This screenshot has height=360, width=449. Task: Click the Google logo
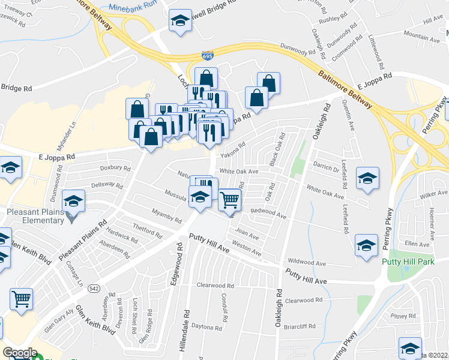tap(20, 353)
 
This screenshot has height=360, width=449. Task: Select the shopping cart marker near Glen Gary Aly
tap(21, 298)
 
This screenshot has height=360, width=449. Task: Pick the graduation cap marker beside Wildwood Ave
tap(366, 245)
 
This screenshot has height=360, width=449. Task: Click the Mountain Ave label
tap(421, 37)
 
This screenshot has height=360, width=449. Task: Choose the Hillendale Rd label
tap(187, 328)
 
